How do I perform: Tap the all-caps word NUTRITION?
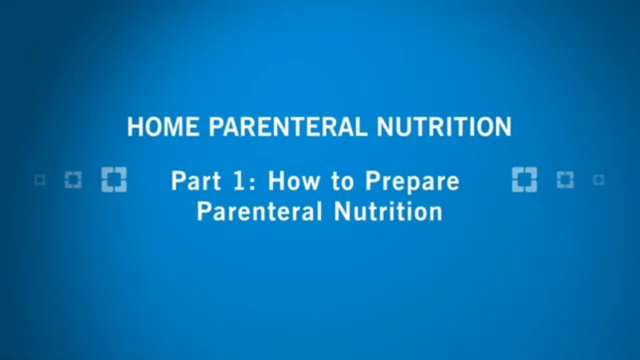click(x=444, y=127)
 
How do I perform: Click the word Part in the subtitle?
click(x=191, y=181)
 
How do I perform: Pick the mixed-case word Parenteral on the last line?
click(x=259, y=211)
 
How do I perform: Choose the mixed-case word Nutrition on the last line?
click(x=388, y=211)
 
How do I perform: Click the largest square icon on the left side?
click(x=114, y=180)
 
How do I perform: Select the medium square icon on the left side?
click(x=73, y=180)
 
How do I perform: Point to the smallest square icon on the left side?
click(x=40, y=180)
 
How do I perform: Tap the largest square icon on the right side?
click(x=524, y=180)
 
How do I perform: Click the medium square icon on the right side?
click(x=565, y=180)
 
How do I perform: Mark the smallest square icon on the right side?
click(x=598, y=180)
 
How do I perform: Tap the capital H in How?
click(x=276, y=181)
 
